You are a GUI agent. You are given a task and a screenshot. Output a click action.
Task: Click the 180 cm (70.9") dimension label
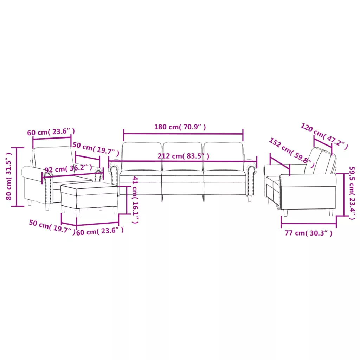click(180, 127)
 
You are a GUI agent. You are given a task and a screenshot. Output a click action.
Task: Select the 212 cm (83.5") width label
click(183, 156)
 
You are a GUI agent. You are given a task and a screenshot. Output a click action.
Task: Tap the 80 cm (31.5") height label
click(8, 176)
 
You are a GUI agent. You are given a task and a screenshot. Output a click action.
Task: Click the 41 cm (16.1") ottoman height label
click(135, 200)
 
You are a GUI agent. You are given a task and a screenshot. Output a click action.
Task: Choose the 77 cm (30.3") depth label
click(308, 233)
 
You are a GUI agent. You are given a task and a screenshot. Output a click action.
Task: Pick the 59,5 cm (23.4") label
click(352, 193)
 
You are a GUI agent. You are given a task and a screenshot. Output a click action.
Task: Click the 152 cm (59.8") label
click(291, 153)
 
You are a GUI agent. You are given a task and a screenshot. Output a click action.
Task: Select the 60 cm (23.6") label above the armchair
click(51, 132)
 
